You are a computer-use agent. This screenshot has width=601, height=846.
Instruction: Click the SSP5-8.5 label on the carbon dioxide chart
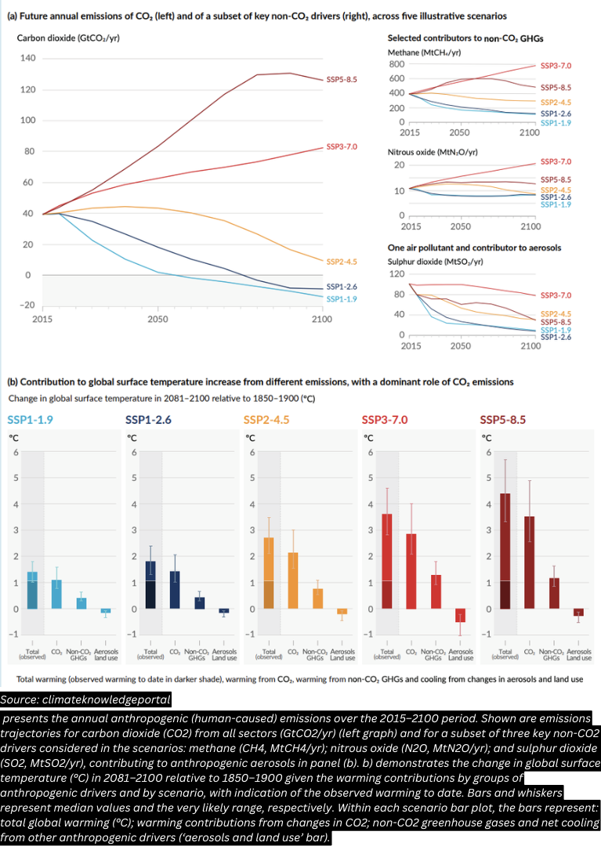342,80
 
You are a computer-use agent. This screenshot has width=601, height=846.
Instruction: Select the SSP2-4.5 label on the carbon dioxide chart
342,262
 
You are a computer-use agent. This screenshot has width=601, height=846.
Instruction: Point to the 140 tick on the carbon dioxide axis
28,59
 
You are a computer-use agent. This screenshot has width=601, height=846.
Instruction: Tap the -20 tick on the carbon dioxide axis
26,305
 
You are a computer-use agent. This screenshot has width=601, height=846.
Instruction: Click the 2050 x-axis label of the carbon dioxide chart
157,320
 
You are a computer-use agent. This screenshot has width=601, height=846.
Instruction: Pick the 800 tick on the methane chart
396,64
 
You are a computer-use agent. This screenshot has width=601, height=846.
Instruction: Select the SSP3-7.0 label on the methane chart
556,67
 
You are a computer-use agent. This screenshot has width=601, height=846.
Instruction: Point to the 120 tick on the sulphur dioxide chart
396,274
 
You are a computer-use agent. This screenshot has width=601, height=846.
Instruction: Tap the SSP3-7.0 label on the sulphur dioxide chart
556,295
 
